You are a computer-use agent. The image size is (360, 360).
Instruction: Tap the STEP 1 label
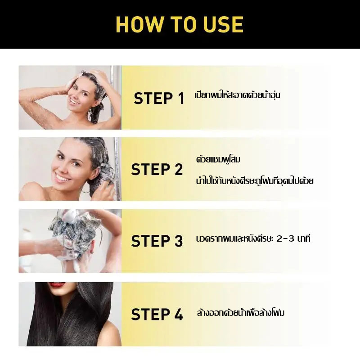(159, 98)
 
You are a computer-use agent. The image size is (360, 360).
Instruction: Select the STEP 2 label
(157, 170)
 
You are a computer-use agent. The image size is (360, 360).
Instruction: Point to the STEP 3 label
(157, 241)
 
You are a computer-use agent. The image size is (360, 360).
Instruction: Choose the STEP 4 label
(157, 314)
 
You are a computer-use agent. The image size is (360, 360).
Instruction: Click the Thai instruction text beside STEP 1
(238, 94)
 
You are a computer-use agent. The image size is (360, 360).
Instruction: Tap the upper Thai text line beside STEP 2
(218, 159)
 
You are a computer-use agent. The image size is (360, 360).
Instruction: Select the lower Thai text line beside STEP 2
(255, 181)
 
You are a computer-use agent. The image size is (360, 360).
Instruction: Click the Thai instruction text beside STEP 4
(241, 313)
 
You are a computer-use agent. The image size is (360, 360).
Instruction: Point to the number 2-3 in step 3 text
(285, 239)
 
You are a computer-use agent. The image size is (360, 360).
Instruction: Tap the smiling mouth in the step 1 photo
(74, 101)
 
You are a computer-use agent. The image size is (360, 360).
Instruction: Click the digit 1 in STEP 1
(181, 98)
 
